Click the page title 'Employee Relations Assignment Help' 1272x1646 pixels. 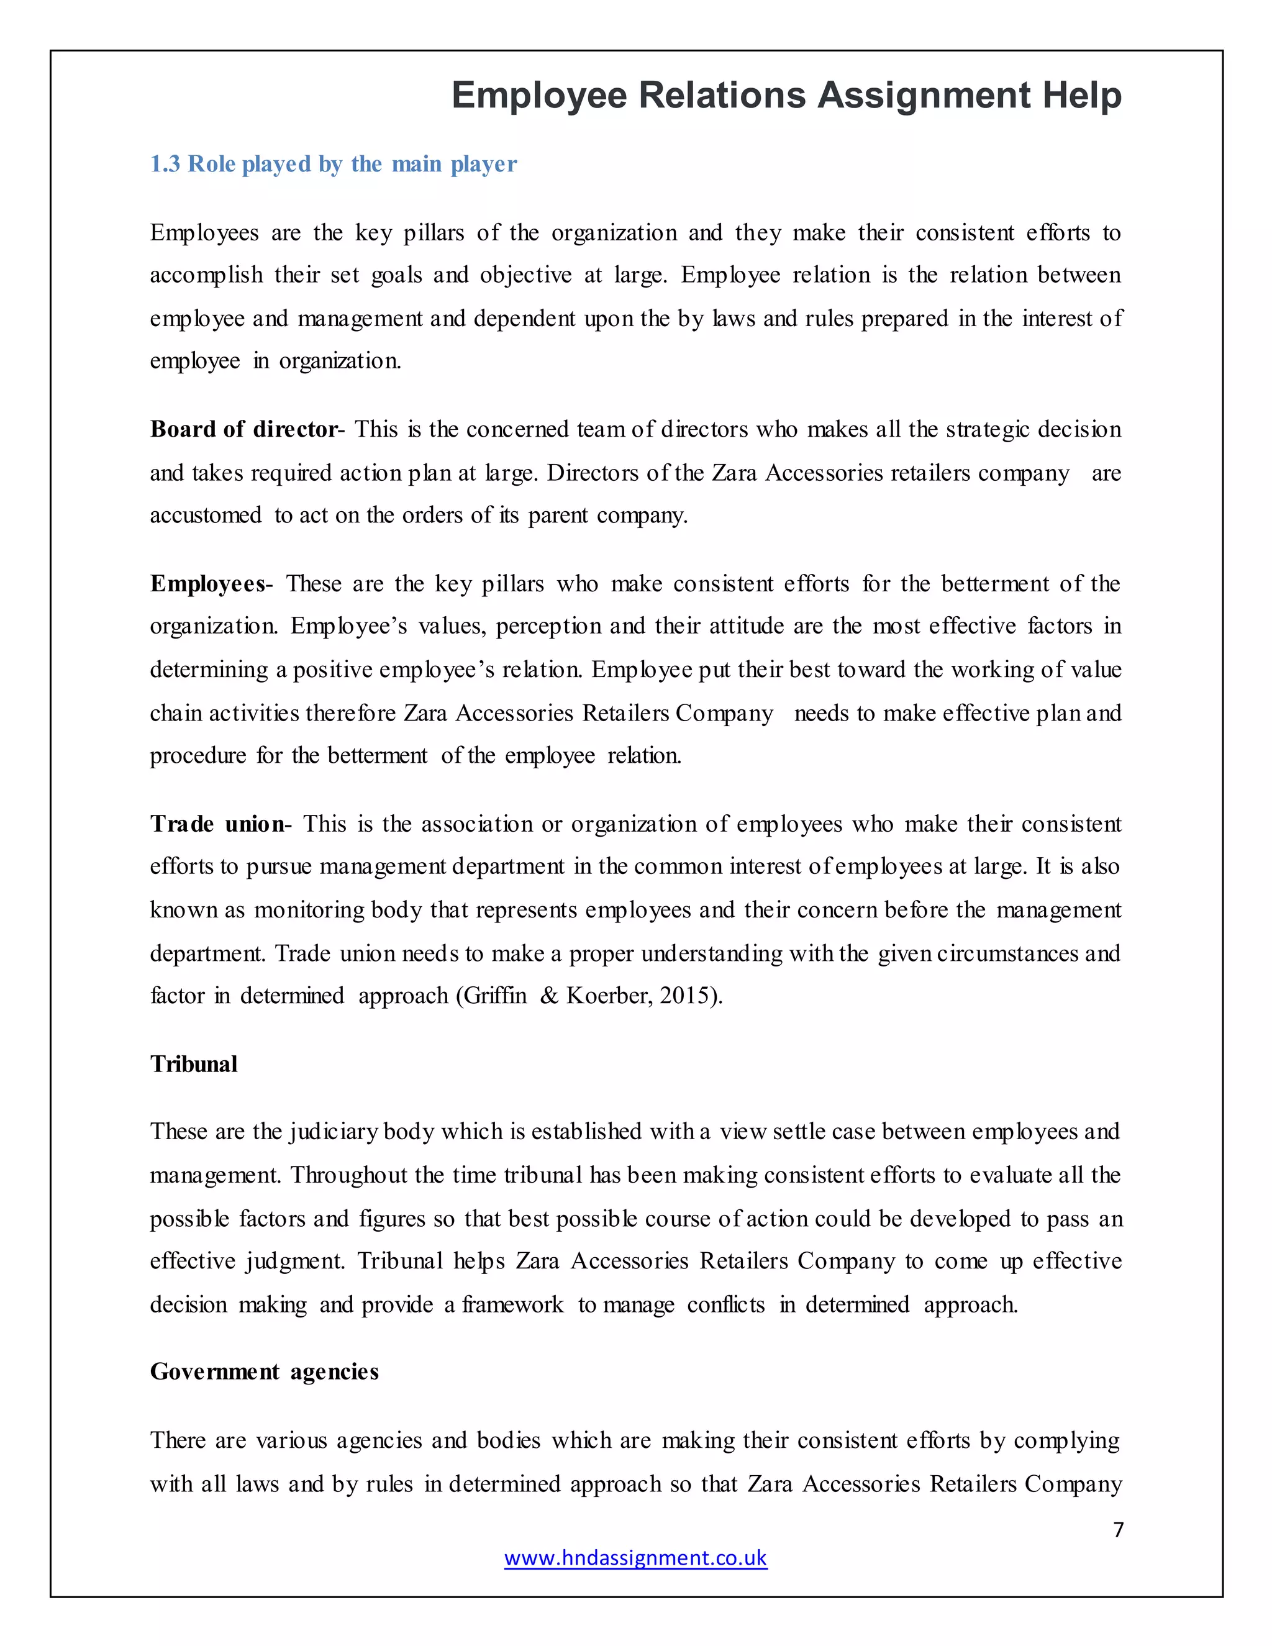786,96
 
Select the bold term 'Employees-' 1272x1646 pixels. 211,583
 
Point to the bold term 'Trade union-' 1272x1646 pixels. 220,824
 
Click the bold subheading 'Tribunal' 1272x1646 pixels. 194,1064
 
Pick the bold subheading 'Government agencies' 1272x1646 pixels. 264,1371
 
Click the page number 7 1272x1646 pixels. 1118,1529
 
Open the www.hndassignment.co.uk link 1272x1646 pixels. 635,1558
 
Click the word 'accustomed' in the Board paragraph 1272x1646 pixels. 206,516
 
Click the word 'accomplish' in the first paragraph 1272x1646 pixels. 206,275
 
